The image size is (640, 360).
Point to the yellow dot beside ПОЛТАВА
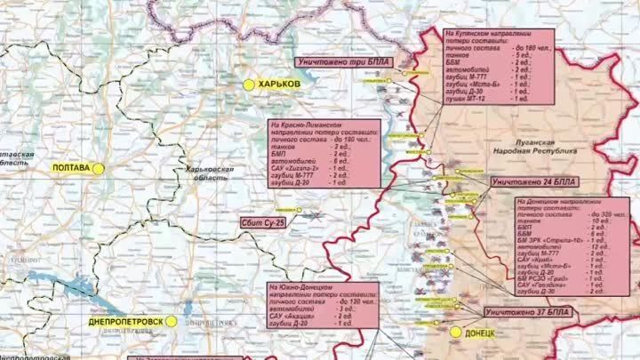100,166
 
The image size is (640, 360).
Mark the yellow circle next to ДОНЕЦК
456,332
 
